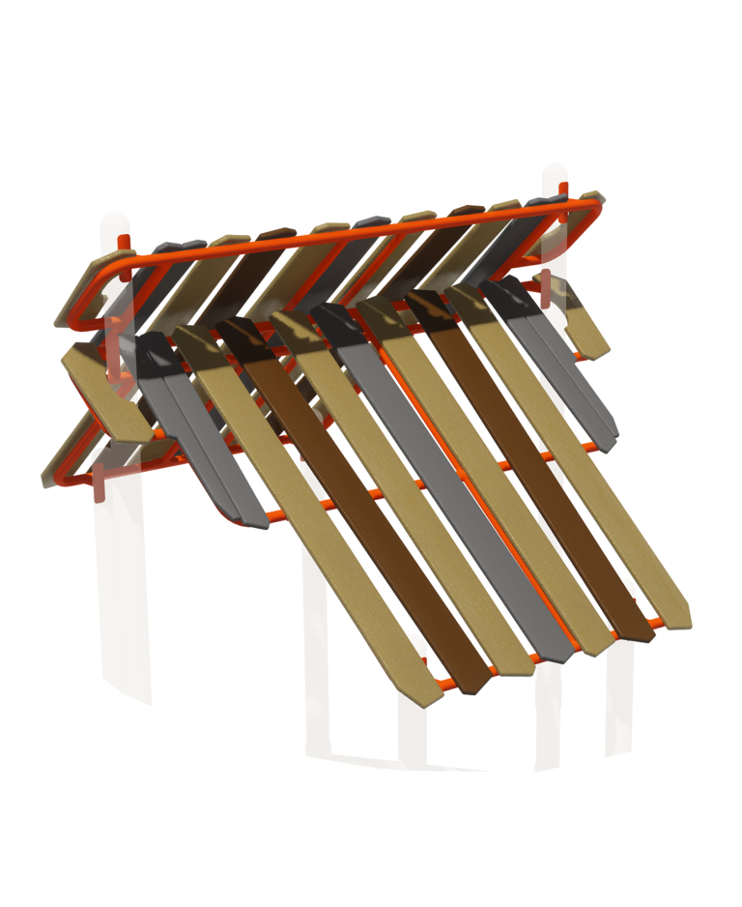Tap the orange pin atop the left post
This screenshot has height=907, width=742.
[x=124, y=242]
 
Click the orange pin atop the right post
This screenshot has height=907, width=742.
[x=568, y=184]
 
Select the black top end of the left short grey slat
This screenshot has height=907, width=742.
[x=155, y=354]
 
